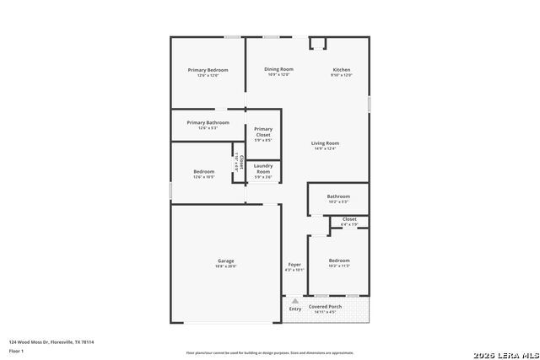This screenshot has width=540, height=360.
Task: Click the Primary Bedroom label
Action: [208, 70]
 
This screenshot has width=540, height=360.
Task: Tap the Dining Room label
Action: [278, 69]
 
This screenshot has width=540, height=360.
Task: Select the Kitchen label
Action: [342, 70]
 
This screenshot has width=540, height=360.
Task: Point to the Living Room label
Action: [325, 143]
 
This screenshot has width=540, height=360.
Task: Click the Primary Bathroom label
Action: [208, 122]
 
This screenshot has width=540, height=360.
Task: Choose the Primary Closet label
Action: [263, 132]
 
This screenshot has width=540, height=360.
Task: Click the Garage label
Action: [226, 261]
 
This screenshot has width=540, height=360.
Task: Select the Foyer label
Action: [294, 265]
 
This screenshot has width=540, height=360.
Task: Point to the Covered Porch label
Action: [324, 307]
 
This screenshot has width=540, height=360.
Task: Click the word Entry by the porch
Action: [295, 309]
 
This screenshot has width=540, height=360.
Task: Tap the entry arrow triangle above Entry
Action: [295, 299]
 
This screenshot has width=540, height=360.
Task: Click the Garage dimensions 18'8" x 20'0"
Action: [226, 266]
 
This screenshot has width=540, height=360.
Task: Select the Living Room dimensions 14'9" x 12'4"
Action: [325, 149]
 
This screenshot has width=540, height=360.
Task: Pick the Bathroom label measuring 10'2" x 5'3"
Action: [338, 196]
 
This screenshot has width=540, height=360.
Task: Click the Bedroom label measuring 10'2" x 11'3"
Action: [339, 261]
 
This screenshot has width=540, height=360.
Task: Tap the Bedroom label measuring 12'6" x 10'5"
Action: [203, 172]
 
